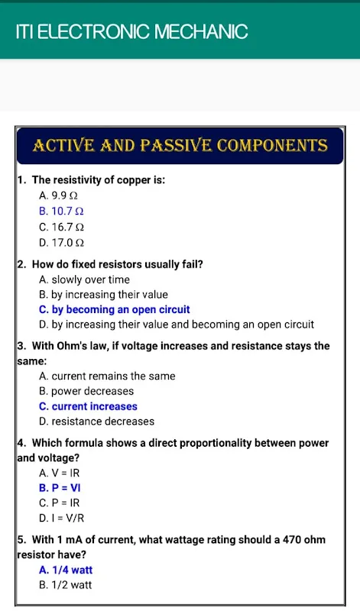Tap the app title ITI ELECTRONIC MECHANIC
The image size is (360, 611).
coord(131,31)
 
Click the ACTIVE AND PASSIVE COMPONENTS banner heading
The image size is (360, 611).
coord(180,145)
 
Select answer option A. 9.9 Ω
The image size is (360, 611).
coord(59,196)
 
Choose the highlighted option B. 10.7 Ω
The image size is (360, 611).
coord(61,212)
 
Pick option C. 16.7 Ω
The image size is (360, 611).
coord(62,227)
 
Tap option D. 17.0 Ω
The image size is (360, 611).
coord(62,243)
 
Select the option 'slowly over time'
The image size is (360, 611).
coord(90,280)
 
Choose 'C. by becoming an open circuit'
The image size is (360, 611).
coord(115,310)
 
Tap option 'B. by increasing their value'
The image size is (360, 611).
coord(103,295)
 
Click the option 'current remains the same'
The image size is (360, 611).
coord(113,376)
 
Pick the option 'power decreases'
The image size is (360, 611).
coord(92,391)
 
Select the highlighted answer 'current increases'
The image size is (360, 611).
coord(94,406)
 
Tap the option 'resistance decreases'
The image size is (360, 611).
coord(103,422)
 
